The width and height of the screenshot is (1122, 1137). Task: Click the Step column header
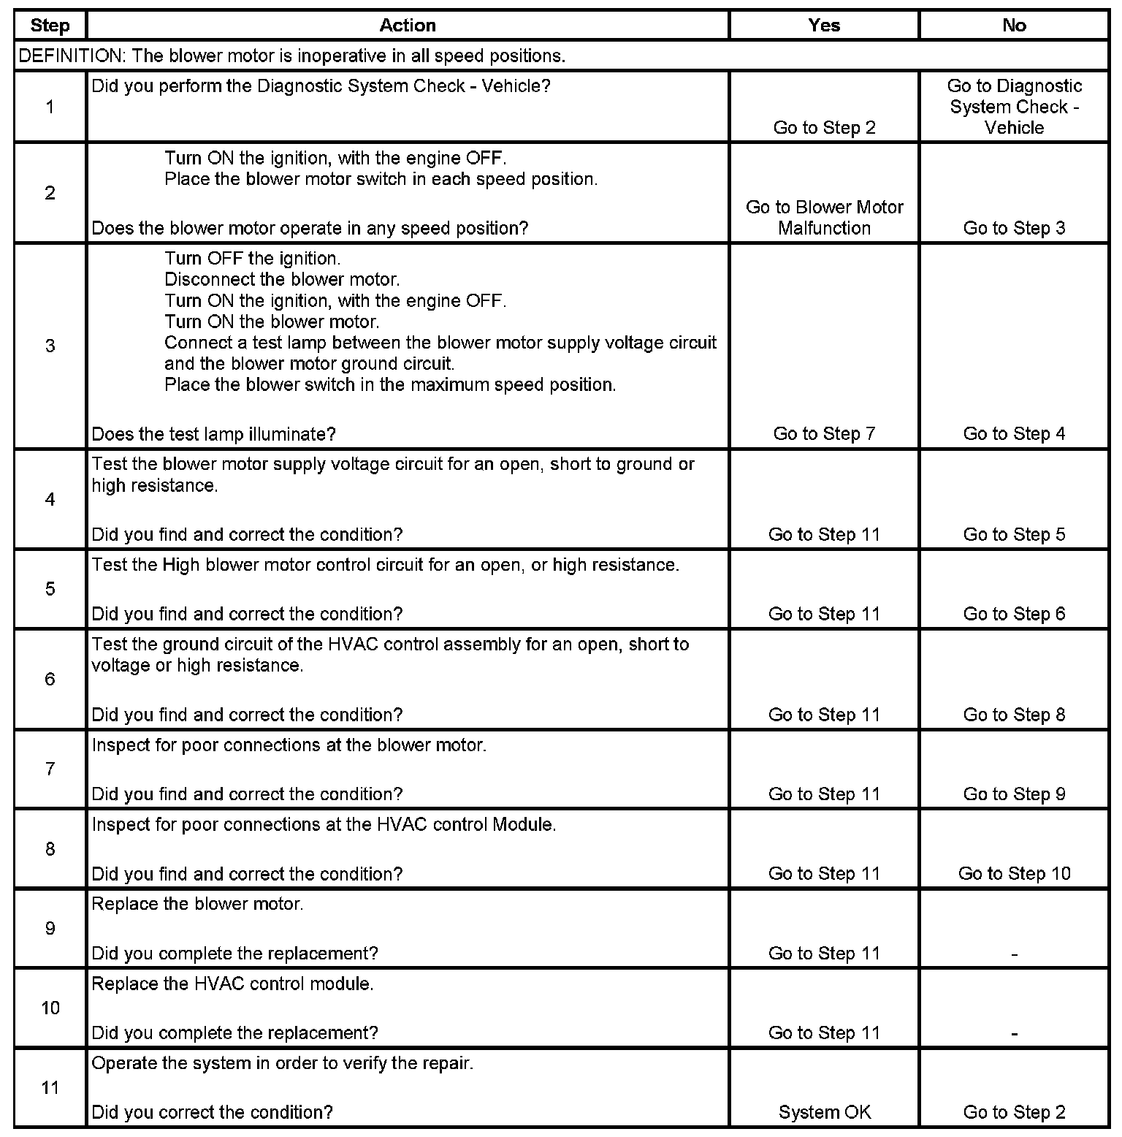(x=50, y=26)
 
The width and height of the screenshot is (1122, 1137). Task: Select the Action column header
(x=408, y=26)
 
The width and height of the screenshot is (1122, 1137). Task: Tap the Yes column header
(x=824, y=26)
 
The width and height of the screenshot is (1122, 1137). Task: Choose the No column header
(x=1014, y=26)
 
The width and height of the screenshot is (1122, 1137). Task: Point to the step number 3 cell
(x=50, y=346)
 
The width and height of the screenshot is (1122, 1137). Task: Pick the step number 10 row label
(x=50, y=1008)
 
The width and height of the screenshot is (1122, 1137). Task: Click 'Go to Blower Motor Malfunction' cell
(x=824, y=218)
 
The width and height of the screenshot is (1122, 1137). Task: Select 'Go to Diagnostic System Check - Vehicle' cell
(x=1014, y=107)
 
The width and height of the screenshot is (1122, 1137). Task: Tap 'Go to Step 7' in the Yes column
(x=824, y=434)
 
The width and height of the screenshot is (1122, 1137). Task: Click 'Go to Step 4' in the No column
(x=1014, y=434)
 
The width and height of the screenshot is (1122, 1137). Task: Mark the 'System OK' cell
(x=824, y=1112)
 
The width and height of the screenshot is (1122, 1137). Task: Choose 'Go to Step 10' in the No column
(x=1014, y=873)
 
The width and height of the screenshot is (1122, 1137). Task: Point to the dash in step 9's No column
(x=1014, y=954)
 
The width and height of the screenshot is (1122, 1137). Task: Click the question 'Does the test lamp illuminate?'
(x=213, y=434)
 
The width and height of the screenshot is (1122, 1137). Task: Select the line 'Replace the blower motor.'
(x=197, y=904)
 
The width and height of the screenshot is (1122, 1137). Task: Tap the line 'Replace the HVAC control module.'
(x=232, y=984)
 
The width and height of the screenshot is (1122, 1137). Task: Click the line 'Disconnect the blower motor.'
(x=282, y=279)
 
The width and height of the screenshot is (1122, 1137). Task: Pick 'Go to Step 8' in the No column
(x=1014, y=715)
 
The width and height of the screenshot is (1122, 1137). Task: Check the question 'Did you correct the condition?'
(x=212, y=1112)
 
